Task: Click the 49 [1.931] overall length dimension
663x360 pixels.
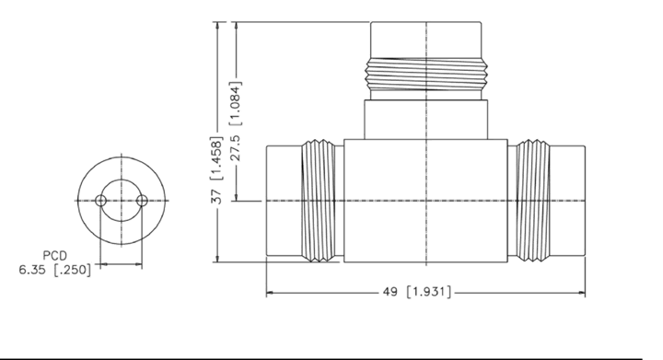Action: click(417, 292)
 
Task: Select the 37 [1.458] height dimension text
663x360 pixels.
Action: click(216, 169)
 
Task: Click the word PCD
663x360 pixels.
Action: click(55, 256)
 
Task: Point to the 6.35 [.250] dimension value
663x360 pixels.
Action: click(55, 270)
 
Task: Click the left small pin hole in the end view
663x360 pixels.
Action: click(100, 201)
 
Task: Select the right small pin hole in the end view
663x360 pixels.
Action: click(143, 201)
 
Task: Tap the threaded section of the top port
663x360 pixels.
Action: click(426, 75)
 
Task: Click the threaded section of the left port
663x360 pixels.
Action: click(318, 201)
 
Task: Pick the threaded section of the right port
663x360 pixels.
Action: click(533, 201)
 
